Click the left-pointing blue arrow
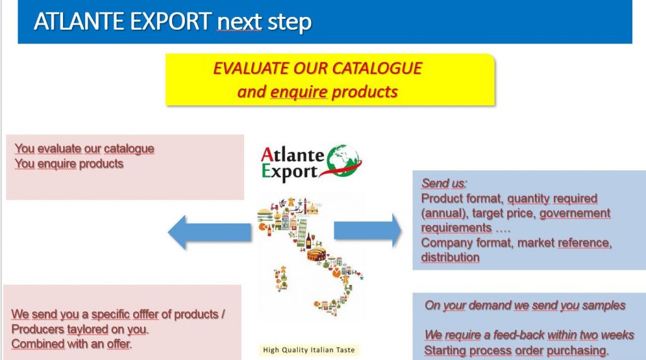tap(209, 232)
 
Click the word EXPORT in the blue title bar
tap(170, 21)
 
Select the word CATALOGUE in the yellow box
tap(377, 68)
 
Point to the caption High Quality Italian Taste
tap(308, 350)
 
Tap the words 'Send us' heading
tap(443, 183)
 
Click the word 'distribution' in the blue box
tap(450, 257)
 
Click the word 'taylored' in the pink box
tap(88, 329)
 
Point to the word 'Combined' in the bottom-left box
tap(38, 344)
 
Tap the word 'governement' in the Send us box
tap(575, 213)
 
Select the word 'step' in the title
tap(289, 22)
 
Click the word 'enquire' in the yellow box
tap(299, 92)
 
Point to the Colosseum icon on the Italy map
tap(317, 255)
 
